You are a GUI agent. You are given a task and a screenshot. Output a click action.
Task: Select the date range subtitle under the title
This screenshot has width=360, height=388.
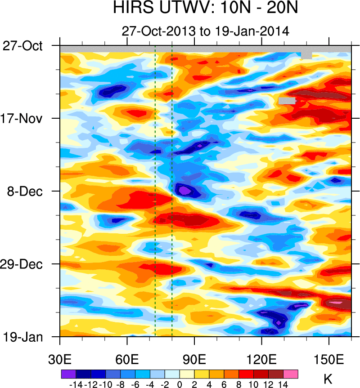(x=205, y=31)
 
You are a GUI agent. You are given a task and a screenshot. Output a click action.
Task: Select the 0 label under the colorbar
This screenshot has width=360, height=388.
(x=180, y=384)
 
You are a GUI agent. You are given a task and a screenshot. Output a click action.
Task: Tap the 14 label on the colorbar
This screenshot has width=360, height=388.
(x=283, y=384)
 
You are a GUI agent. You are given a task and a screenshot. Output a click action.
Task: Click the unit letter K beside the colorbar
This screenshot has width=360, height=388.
(x=328, y=379)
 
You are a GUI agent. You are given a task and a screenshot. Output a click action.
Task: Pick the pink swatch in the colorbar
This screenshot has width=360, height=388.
(x=291, y=374)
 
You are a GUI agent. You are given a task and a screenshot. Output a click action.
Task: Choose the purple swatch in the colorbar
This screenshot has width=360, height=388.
(x=68, y=374)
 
